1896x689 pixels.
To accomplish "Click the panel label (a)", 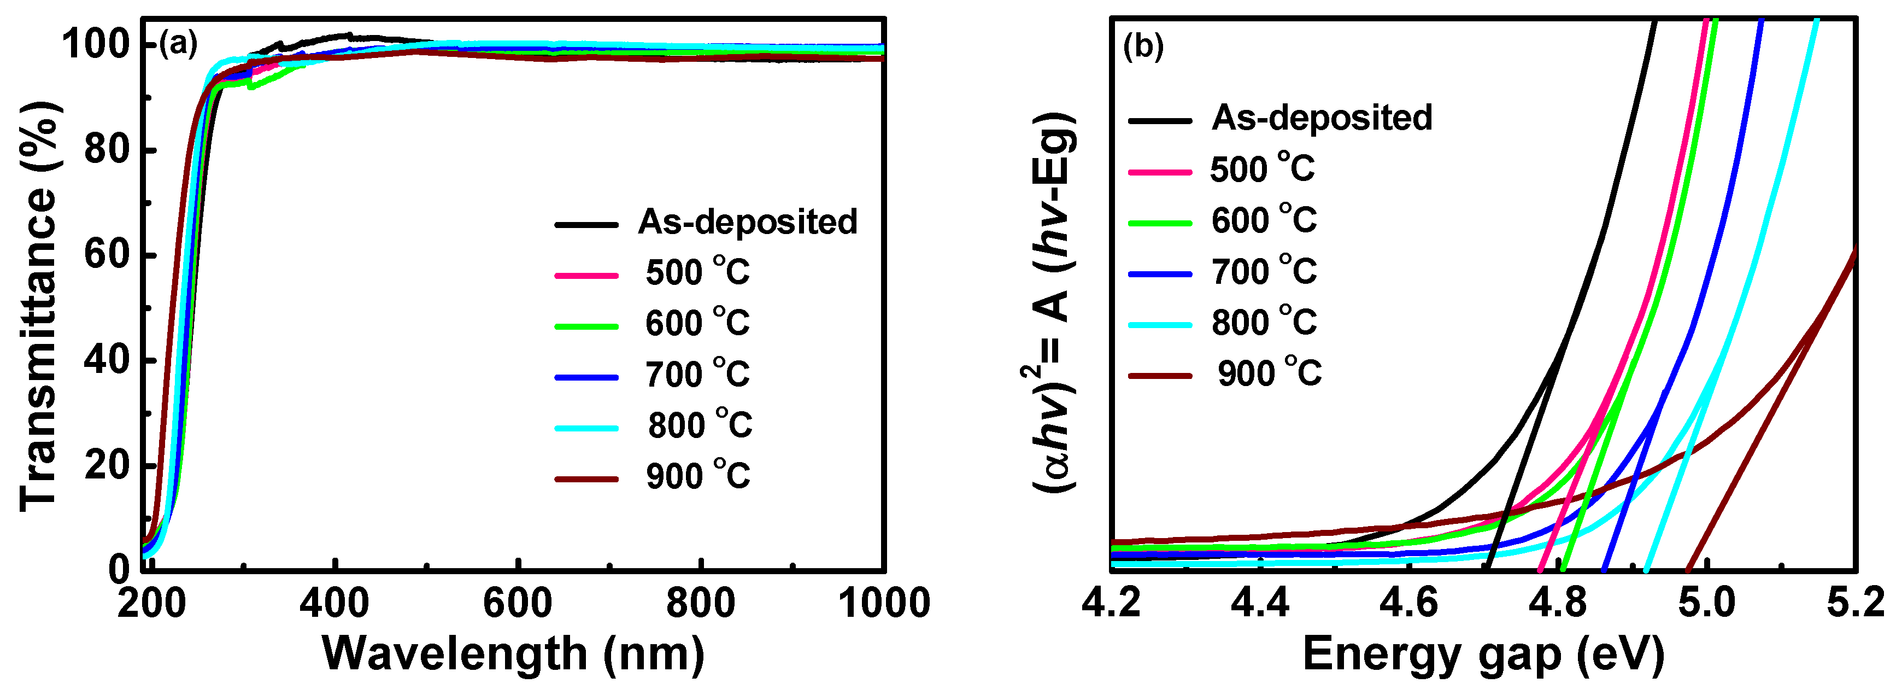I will (x=179, y=45).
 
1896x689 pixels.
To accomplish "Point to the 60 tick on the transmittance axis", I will (x=107, y=255).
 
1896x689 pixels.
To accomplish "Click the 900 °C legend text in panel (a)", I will (x=698, y=476).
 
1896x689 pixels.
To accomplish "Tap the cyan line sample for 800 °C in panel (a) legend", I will (x=586, y=428).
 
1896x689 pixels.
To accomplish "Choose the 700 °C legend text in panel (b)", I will (x=1264, y=272).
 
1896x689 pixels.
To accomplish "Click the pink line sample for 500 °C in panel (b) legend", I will (x=1160, y=172).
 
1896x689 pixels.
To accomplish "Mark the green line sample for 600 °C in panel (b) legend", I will (x=1160, y=223).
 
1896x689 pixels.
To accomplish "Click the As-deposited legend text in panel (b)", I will (x=1321, y=118).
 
